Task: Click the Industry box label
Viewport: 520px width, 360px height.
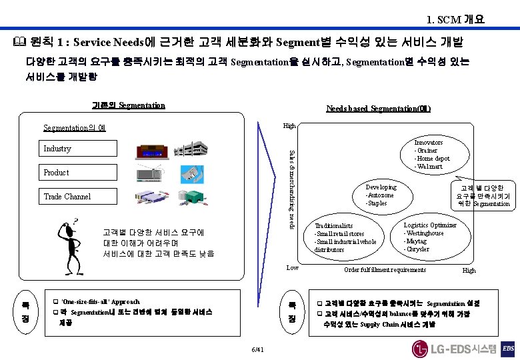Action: (57, 149)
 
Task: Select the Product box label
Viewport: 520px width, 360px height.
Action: (56, 173)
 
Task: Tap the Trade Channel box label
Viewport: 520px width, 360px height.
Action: (67, 197)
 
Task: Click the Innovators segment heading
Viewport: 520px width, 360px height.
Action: (429, 143)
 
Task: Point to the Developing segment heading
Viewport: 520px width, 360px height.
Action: (381, 187)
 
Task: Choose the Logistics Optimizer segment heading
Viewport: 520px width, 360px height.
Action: (430, 225)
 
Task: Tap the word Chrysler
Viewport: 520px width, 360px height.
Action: (417, 249)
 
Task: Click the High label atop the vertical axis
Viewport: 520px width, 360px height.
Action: (289, 125)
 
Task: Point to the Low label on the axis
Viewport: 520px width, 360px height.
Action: (292, 267)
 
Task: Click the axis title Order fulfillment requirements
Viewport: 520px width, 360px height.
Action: (385, 270)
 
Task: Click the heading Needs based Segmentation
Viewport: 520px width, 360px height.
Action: (378, 109)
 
